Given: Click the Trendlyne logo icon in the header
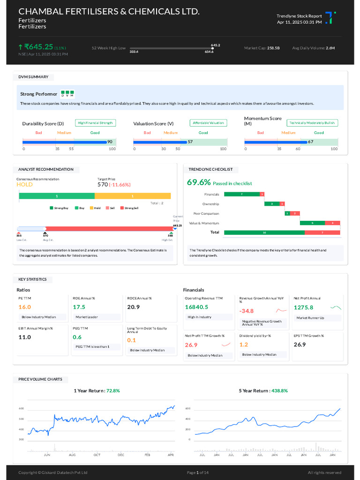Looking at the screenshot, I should [x=330, y=18].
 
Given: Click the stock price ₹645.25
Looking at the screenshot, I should [x=39, y=47].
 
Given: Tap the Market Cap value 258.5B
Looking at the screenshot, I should [x=273, y=48].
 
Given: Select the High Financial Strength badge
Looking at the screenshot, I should [x=95, y=123].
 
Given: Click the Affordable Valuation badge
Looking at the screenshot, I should [x=209, y=123].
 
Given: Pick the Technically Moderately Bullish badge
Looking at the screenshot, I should [x=312, y=123].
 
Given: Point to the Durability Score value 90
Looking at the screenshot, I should [x=110, y=142].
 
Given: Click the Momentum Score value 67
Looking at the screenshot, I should [x=310, y=142].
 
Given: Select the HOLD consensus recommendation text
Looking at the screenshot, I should [x=24, y=185].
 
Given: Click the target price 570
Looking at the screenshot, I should [x=102, y=185].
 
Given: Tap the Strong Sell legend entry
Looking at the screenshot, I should [x=129, y=208].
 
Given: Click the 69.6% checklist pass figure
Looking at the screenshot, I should [x=199, y=183].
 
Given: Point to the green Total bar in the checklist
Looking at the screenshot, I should [x=264, y=232].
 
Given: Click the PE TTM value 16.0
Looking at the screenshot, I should [x=24, y=307].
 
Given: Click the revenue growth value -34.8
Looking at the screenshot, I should [x=246, y=311].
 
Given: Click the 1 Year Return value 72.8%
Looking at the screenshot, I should [x=113, y=390].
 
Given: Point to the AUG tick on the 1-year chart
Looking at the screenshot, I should [x=72, y=455].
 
